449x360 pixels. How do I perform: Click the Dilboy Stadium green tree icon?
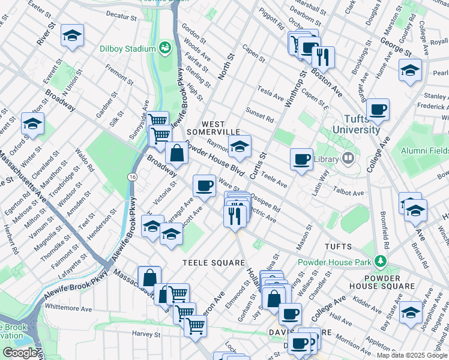(x=164, y=47)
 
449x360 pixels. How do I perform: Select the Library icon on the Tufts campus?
(x=348, y=159)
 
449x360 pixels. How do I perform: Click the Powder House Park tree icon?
(x=379, y=261)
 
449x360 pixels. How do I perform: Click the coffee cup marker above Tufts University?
(x=378, y=109)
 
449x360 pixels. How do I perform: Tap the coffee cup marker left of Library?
(x=301, y=160)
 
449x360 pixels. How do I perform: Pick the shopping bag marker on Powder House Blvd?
(x=178, y=153)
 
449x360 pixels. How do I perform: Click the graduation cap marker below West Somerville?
(x=239, y=147)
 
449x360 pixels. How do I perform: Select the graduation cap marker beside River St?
(x=72, y=36)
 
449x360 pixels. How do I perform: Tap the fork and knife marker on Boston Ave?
(x=323, y=57)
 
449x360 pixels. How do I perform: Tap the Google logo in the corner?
(x=19, y=352)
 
